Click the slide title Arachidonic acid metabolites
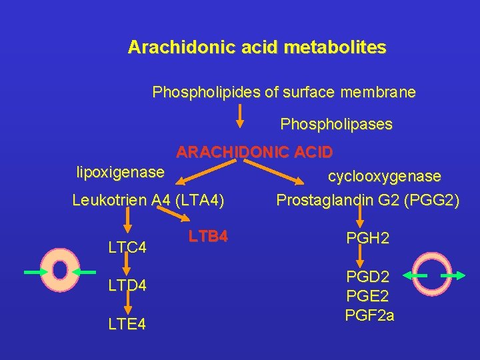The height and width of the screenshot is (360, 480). [257, 48]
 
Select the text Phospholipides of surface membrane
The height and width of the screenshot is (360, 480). [283, 92]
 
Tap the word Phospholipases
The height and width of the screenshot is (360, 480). [336, 125]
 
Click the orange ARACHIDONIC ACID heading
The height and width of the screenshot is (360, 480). [254, 152]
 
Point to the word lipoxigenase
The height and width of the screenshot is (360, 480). [120, 173]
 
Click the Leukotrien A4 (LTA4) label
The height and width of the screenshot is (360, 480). [148, 199]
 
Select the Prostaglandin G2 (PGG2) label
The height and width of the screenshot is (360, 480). [367, 200]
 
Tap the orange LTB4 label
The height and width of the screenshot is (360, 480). [208, 236]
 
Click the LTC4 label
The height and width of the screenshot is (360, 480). [127, 248]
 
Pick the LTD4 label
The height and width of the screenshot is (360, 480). [127, 286]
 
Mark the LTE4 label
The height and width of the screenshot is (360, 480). [127, 324]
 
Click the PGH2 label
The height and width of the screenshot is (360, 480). [367, 239]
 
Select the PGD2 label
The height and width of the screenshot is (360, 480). [367, 275]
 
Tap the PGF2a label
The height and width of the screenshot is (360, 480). [369, 315]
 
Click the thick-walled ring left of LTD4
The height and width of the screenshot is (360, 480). [60, 271]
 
